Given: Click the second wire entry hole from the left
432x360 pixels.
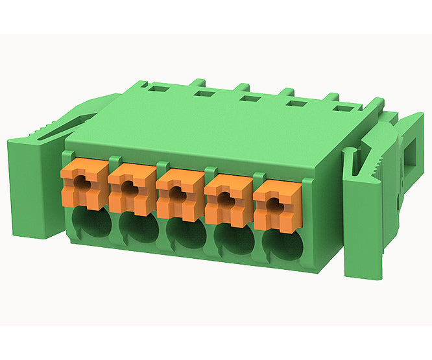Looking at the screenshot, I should pos(137,231).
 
